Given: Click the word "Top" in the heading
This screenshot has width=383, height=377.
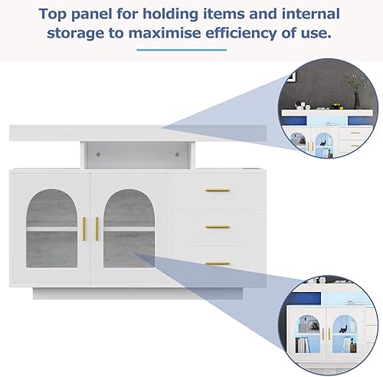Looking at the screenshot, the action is tap(53, 15).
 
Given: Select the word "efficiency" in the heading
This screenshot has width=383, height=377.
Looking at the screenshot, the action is tap(241, 34).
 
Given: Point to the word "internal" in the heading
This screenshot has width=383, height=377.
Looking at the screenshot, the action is tap(311, 14).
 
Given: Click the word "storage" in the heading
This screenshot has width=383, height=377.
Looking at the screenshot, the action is tap(76, 34).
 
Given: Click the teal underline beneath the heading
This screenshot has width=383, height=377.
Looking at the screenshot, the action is tap(182, 50).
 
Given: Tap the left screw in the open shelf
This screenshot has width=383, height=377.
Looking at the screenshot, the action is tap(98, 154).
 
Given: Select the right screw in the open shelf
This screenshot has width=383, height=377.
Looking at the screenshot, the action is tap(177, 154).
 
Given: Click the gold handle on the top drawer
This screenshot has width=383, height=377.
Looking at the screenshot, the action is tap(218, 190).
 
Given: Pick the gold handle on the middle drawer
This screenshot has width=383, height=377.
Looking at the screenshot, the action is tap(218, 227).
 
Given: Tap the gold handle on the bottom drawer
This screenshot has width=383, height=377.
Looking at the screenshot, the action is tap(218, 264).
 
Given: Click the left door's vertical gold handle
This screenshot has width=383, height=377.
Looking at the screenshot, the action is tap(83, 229).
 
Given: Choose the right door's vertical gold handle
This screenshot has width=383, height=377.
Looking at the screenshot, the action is tap(97, 229).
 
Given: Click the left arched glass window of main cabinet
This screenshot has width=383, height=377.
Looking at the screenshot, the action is tap(52, 228).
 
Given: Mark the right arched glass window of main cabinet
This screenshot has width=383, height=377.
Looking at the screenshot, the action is tap(129, 228).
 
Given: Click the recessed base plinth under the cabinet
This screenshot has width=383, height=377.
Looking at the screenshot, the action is tap(138, 293).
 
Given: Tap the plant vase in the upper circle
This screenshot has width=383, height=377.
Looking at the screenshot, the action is tap(357, 100).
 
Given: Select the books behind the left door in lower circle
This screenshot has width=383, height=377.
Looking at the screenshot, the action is tap(303, 345).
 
